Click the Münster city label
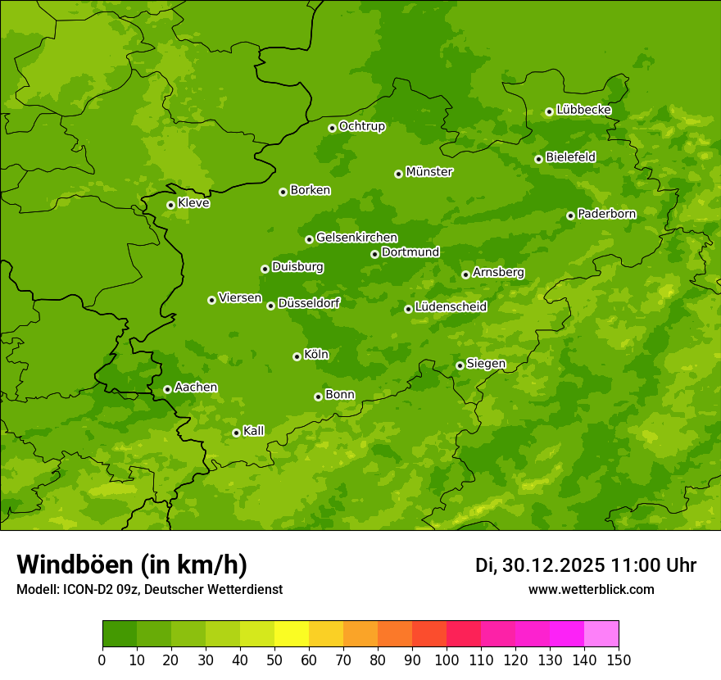coord(429,172)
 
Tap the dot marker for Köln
coord(297,356)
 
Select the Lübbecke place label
coord(583,110)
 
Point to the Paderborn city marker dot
coord(571,215)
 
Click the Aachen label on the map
coord(196,388)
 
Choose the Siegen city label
coord(486,364)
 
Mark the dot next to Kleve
coord(170,205)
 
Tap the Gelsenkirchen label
coord(356,238)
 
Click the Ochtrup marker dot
coord(332,128)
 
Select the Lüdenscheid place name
coord(451,307)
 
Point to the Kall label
coord(254,431)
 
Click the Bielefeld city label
coord(570,157)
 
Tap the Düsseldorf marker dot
coord(270,306)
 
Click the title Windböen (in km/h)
coord(132,565)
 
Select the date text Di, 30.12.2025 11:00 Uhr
coord(586,566)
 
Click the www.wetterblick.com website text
coord(591,590)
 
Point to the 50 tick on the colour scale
coord(274,660)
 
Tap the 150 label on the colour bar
coord(619,660)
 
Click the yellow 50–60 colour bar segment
coord(292,634)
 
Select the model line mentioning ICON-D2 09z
coord(149,590)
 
